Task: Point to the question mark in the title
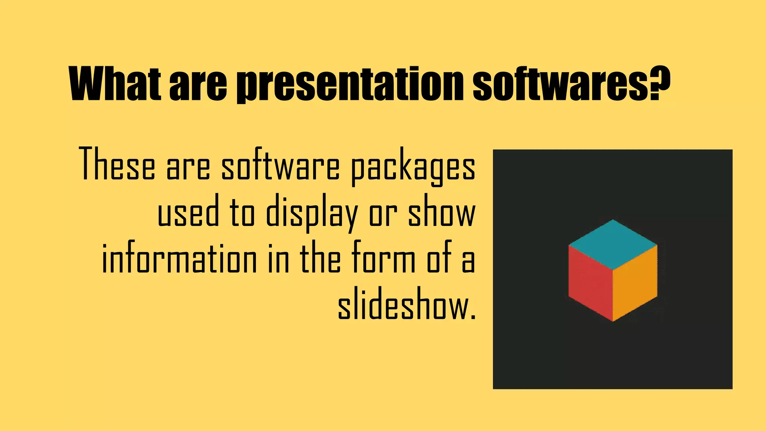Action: [x=659, y=83]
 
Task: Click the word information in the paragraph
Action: [x=179, y=259]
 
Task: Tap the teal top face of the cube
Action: [x=613, y=244]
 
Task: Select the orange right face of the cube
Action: [x=635, y=282]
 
